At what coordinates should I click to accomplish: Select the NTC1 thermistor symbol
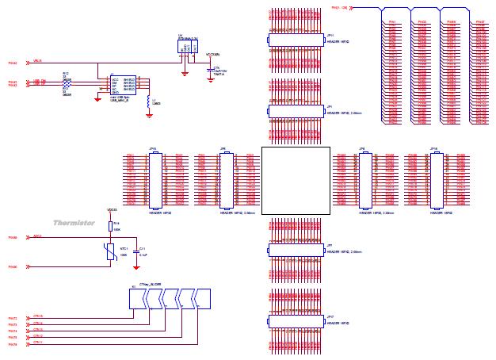coord(110,251)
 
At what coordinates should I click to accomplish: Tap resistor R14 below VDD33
coord(110,226)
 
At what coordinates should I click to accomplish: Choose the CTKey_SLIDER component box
coord(170,299)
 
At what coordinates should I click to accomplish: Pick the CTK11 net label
coord(38,343)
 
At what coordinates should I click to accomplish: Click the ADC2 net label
coord(37,236)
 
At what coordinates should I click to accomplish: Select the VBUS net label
coord(37,60)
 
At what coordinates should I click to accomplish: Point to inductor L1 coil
coord(148,101)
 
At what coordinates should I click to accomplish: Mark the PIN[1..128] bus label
coord(338,7)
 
